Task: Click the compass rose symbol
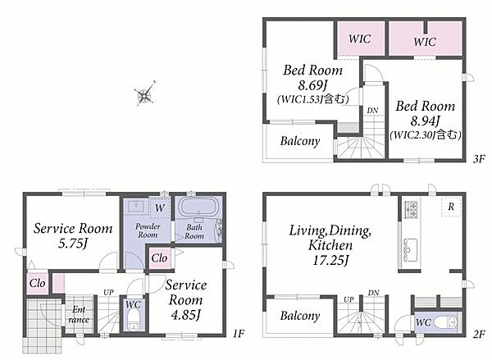[x=145, y=94]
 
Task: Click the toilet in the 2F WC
[x=448, y=321]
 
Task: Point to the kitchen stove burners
[x=411, y=209]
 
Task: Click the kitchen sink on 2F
[x=410, y=248]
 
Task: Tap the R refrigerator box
[x=451, y=206]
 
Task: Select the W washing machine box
[x=160, y=207]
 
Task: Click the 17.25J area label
[x=330, y=260]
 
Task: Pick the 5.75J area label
[x=73, y=244]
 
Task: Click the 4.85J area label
[x=185, y=315]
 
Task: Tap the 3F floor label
[x=479, y=159]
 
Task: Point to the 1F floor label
[x=239, y=333]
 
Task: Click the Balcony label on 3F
[x=300, y=141]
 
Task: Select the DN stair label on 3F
[x=372, y=111]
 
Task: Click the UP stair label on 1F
[x=108, y=293]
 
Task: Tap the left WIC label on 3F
[x=360, y=39]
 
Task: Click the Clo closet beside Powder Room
[x=159, y=258]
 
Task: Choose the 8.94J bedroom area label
[x=425, y=121]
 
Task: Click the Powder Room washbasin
[x=136, y=206]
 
